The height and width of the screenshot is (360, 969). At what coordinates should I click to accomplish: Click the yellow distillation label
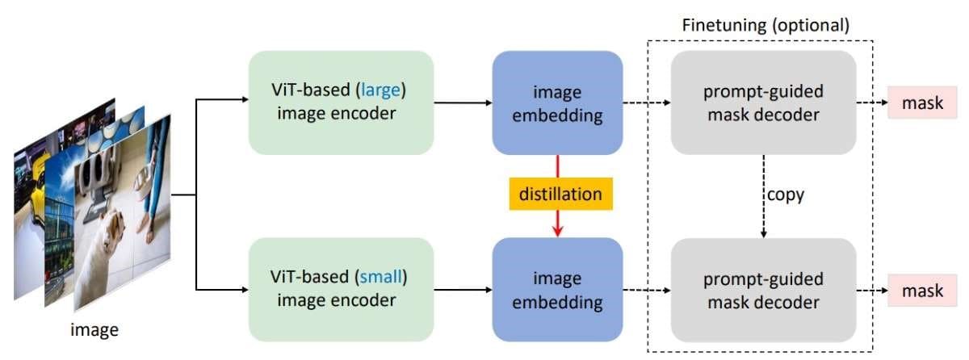[x=556, y=195]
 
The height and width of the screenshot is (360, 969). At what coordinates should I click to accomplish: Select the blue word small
[x=379, y=278]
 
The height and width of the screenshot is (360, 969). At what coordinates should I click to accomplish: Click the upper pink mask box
[x=922, y=103]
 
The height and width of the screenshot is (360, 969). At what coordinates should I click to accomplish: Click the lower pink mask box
[x=922, y=290]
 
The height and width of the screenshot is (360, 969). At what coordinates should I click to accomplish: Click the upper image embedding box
[x=556, y=103]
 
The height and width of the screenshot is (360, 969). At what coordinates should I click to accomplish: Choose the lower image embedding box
[x=556, y=290]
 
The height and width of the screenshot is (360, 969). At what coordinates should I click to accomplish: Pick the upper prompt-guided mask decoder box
[x=763, y=103]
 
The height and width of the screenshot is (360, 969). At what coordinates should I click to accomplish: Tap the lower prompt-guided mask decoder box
[x=763, y=290]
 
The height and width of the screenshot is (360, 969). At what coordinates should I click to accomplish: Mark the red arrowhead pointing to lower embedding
[x=556, y=231]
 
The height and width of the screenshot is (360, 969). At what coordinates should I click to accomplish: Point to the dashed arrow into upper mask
[x=873, y=103]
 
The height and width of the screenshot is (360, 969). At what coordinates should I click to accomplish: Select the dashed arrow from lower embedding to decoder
[x=646, y=290]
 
